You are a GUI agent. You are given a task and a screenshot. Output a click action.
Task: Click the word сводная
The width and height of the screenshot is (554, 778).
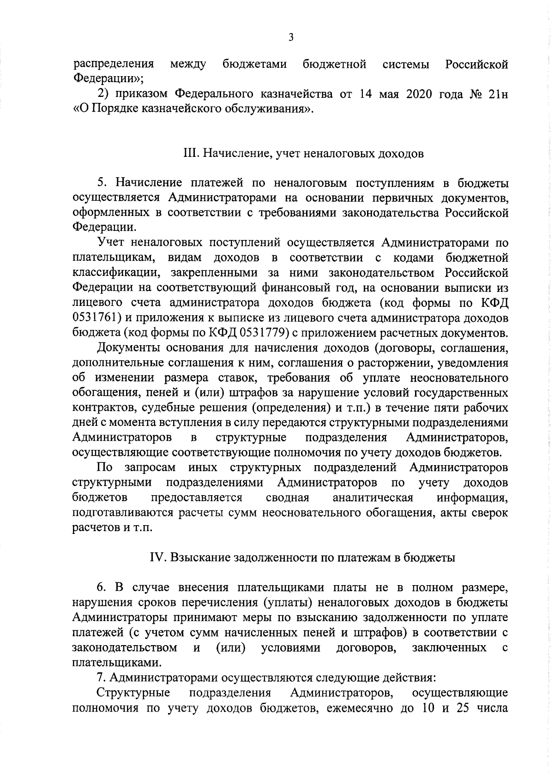coord(288,498)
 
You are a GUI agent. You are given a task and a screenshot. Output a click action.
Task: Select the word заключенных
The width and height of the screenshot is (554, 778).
coord(449,648)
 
